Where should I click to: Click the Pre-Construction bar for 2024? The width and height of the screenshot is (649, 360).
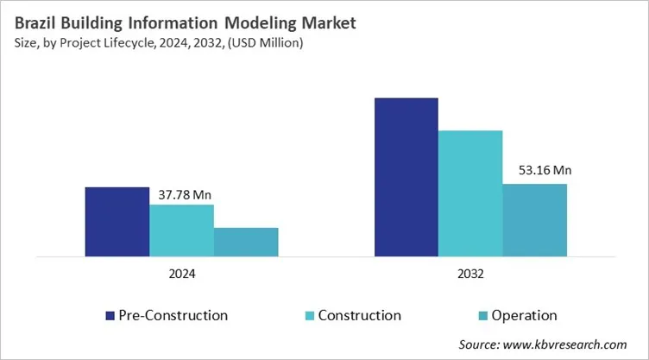[117, 221]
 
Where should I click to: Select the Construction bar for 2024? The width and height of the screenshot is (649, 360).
[181, 231]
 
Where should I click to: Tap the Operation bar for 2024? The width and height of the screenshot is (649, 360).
[246, 242]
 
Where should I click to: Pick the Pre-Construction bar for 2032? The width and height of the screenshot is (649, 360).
[406, 177]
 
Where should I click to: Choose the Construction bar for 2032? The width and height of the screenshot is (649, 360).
[470, 193]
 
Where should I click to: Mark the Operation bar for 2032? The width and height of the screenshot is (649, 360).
[535, 220]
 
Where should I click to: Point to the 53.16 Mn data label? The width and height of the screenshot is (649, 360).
[539, 171]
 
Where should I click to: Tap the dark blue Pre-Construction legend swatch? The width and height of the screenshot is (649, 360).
[109, 315]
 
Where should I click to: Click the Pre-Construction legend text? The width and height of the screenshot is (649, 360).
[173, 315]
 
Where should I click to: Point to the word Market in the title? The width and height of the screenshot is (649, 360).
[303, 18]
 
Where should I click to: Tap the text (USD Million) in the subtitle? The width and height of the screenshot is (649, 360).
[268, 41]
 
